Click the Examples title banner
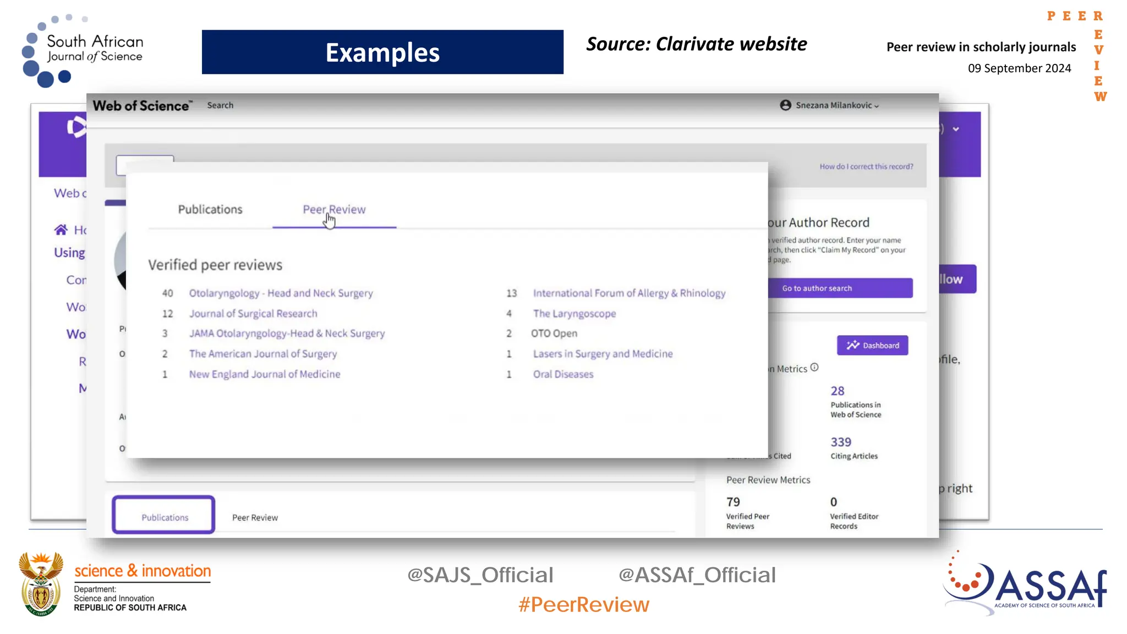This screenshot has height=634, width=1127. point(382,52)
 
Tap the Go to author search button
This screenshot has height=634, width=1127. point(840,288)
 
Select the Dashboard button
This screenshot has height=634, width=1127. point(872,345)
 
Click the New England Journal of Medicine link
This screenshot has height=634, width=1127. point(265,374)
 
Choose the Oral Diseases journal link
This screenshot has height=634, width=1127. point(563,374)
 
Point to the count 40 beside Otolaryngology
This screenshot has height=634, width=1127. point(167,293)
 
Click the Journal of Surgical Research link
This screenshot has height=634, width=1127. point(253,314)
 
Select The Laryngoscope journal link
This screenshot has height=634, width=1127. point(574,314)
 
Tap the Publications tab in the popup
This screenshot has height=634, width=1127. point(210,210)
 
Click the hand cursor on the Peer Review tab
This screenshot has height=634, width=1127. point(330,221)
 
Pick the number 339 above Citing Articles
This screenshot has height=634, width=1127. point(840,442)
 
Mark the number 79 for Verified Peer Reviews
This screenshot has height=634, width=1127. point(733,502)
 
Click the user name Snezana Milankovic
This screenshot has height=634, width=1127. point(833,105)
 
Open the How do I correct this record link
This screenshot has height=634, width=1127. point(866,167)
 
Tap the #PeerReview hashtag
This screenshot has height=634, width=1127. point(584,605)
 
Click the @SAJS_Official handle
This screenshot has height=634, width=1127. point(480,575)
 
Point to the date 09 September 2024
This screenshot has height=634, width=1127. point(1019,68)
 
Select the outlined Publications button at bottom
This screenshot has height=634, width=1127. point(164,516)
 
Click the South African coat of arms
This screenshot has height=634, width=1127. point(41,584)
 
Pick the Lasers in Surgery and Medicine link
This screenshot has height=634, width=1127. point(603,354)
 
